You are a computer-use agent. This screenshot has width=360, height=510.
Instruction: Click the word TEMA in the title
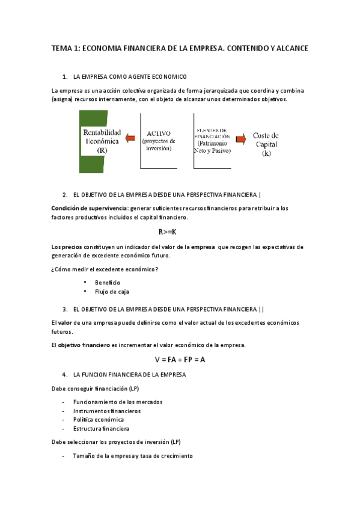(x=61, y=48)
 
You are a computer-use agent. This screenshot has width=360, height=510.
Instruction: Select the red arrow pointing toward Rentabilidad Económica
(x=130, y=140)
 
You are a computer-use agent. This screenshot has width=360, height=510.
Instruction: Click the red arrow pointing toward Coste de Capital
(x=241, y=140)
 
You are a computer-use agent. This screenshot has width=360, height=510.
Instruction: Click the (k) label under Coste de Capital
(x=266, y=154)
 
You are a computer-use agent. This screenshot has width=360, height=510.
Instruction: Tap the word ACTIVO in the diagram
(x=159, y=134)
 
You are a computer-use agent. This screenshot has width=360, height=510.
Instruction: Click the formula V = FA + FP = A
(x=180, y=360)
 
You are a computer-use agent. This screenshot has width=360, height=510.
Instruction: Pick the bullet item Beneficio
(x=108, y=282)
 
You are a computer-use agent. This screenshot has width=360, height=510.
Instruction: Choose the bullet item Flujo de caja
(x=112, y=292)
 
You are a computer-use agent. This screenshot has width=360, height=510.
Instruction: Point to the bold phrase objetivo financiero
(x=84, y=345)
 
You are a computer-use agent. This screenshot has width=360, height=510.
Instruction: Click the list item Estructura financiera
(x=101, y=429)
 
